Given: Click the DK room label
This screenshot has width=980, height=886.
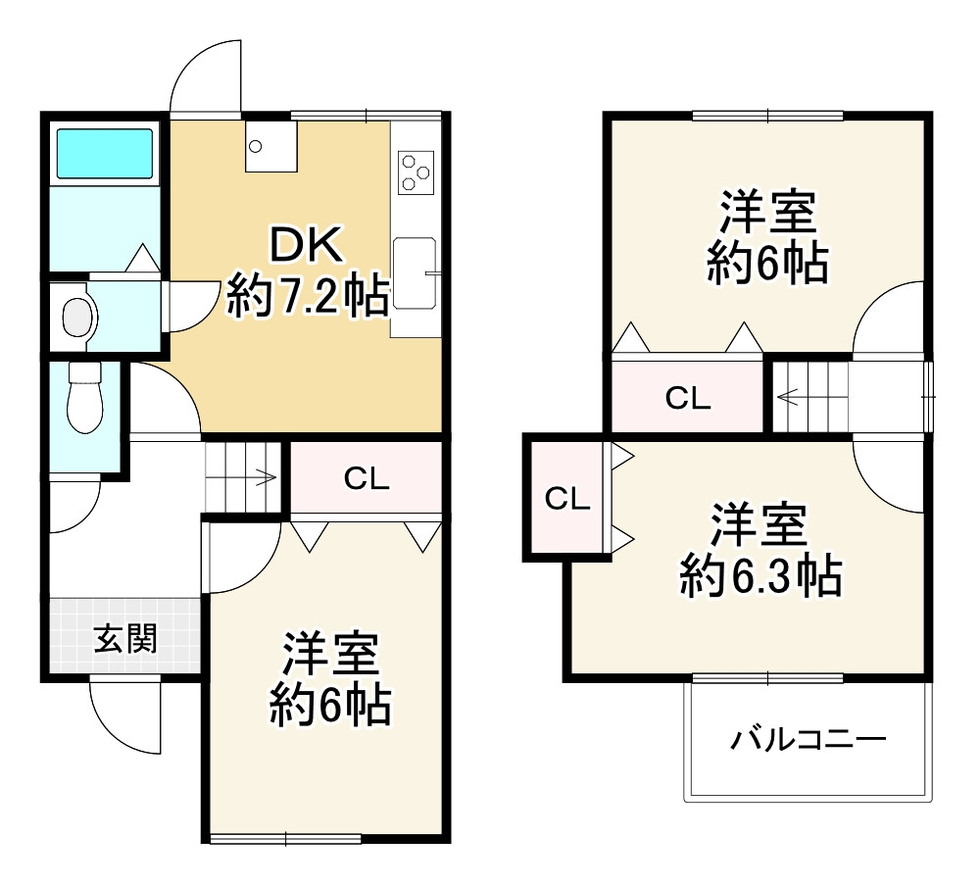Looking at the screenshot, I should (x=307, y=245).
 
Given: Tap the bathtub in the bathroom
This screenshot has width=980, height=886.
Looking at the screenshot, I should (x=103, y=152).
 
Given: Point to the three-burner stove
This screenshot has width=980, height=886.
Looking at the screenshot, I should (x=416, y=172).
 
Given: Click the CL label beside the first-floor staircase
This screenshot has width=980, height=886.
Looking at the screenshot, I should (x=367, y=479).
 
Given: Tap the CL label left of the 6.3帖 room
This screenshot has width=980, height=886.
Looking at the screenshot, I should (x=567, y=499).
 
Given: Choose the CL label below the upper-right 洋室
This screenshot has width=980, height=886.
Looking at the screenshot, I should (x=688, y=398).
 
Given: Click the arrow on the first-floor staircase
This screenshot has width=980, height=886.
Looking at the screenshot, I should (x=266, y=478).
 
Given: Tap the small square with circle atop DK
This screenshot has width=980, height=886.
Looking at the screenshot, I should (x=269, y=147).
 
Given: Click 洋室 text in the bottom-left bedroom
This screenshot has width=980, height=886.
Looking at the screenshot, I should (x=331, y=655).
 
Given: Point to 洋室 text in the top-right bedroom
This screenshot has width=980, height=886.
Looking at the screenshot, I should (x=768, y=214).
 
